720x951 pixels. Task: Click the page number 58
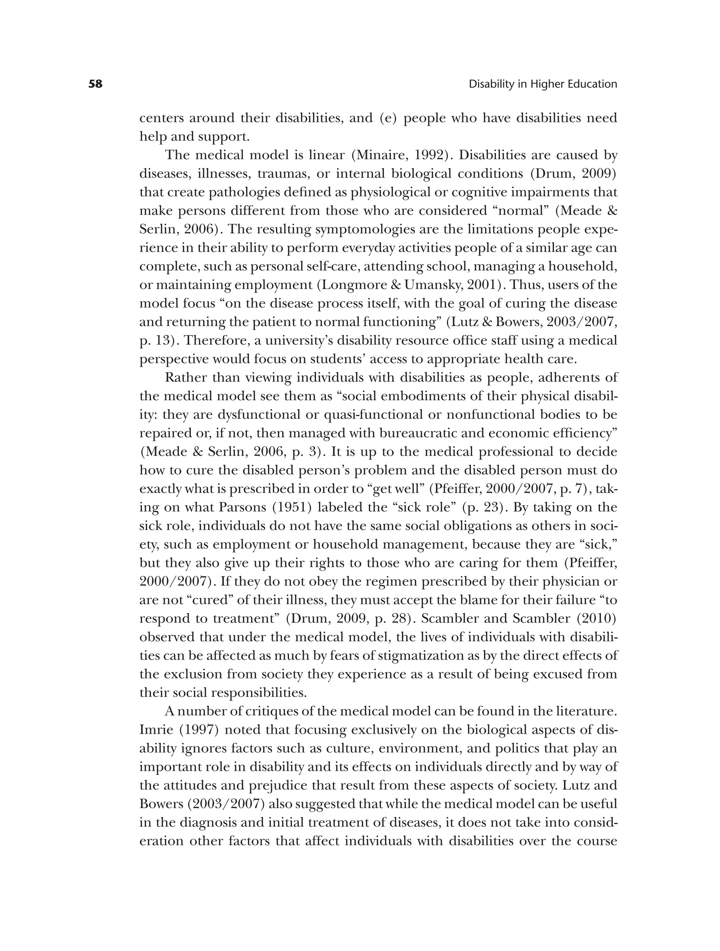click(x=96, y=84)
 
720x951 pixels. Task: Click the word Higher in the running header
click(x=545, y=84)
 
